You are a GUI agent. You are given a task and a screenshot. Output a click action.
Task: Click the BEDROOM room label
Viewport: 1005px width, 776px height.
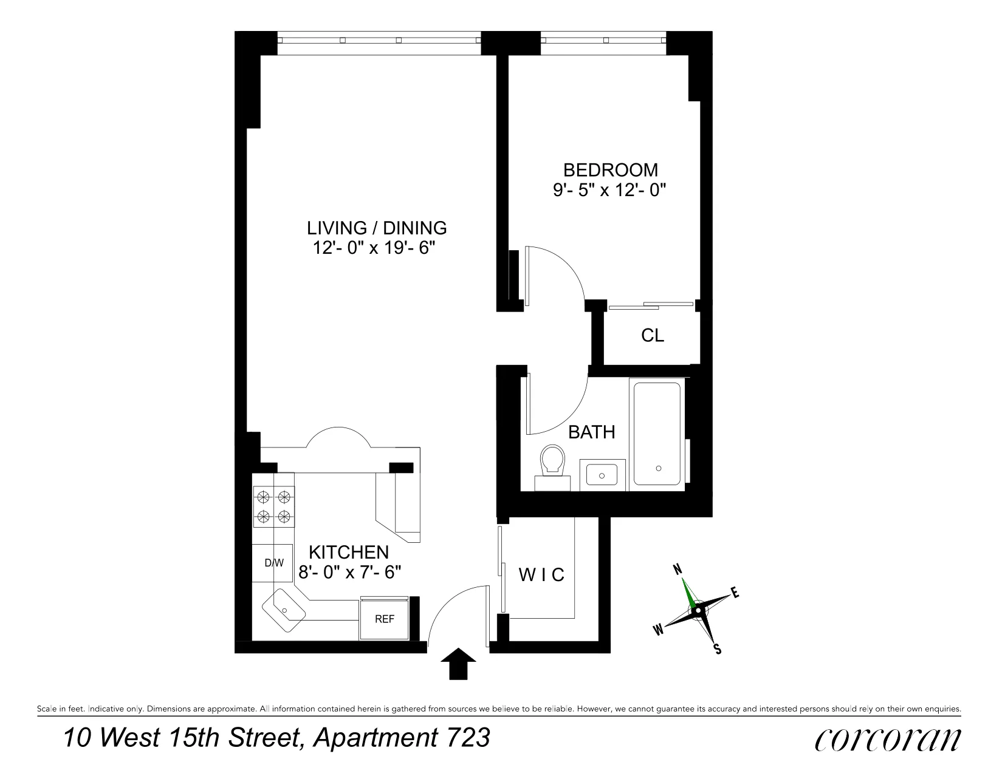pyautogui.click(x=610, y=169)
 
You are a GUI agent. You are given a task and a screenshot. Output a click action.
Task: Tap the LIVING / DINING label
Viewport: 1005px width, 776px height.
pyautogui.click(x=377, y=228)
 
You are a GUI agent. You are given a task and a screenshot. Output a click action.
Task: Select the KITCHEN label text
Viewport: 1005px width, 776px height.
pyautogui.click(x=349, y=552)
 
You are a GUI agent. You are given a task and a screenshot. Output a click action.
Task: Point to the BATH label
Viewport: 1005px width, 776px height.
pyautogui.click(x=591, y=432)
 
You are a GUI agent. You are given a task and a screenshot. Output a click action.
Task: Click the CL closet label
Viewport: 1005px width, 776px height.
pyautogui.click(x=653, y=335)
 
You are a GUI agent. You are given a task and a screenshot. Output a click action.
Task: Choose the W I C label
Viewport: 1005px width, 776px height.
pyautogui.click(x=541, y=574)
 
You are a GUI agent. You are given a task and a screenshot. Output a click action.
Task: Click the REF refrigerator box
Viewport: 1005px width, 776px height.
pyautogui.click(x=385, y=619)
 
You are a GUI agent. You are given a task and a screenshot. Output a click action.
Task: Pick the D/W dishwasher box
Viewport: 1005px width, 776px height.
pyautogui.click(x=274, y=563)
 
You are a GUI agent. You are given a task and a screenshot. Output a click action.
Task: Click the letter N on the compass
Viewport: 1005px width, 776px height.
pyautogui.click(x=677, y=569)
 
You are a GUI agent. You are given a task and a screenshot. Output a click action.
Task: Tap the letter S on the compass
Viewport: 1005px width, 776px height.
pyautogui.click(x=718, y=650)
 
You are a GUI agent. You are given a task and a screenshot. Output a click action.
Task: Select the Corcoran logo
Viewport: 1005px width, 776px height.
pyautogui.click(x=887, y=740)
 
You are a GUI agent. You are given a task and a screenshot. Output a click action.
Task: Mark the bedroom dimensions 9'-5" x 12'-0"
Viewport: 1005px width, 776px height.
pyautogui.click(x=610, y=190)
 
